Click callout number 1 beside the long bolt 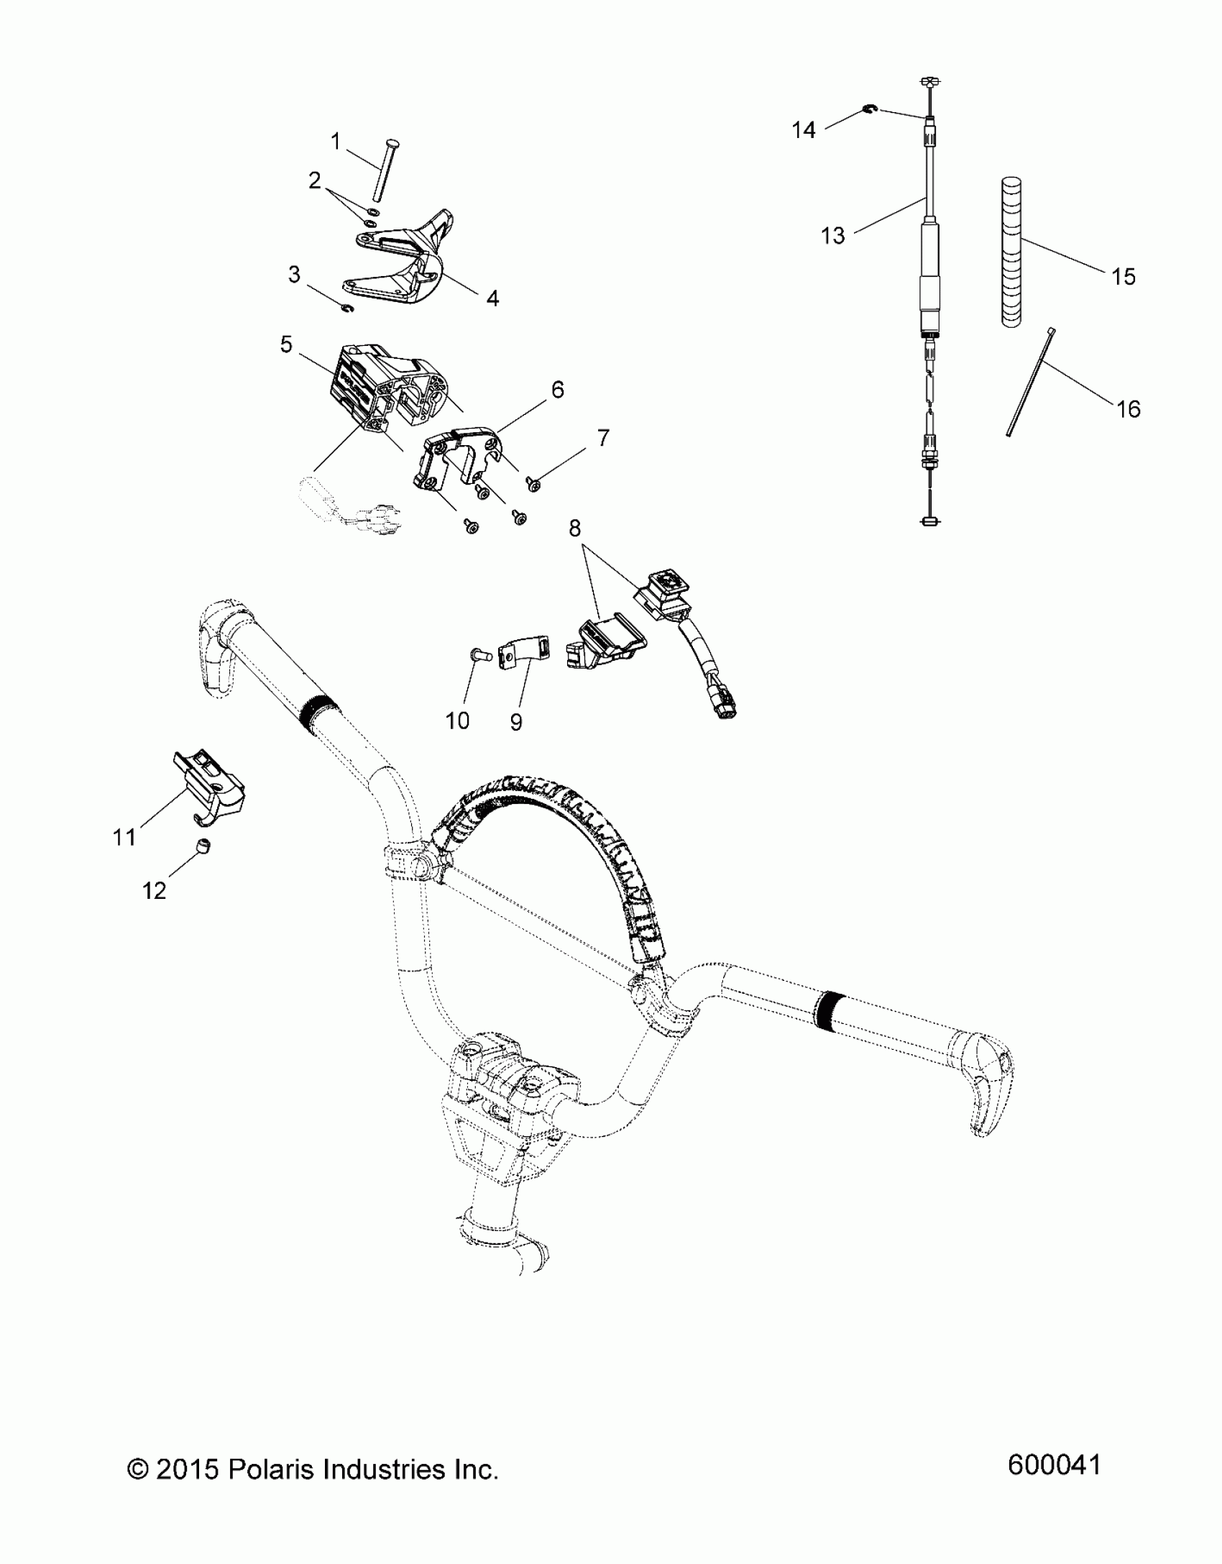[x=335, y=142]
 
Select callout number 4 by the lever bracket [x=492, y=298]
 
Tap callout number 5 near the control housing [x=286, y=345]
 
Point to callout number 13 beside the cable [x=833, y=235]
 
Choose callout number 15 [x=1123, y=277]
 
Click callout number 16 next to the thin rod [x=1129, y=409]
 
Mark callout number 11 [x=124, y=837]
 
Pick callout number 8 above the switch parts [x=574, y=529]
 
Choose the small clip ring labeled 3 [x=348, y=308]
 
